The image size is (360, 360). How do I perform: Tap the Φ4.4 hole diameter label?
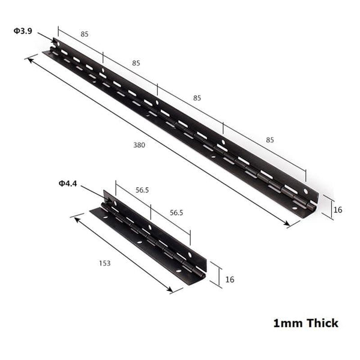[x=68, y=184]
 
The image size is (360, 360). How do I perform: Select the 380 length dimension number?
[x=139, y=145]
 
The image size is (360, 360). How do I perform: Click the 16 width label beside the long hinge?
[x=338, y=209]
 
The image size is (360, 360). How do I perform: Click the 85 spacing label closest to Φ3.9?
[x=85, y=35]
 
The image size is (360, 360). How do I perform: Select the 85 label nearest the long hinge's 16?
[x=269, y=140]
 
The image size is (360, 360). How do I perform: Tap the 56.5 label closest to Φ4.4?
[x=142, y=190]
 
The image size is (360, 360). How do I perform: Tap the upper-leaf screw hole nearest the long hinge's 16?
[x=305, y=192]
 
